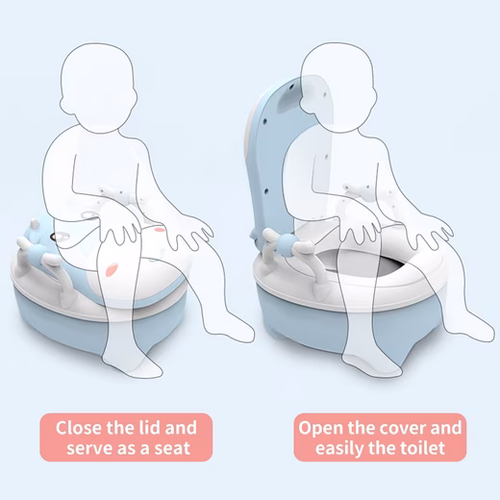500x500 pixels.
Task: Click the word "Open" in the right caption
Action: point(321,427)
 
